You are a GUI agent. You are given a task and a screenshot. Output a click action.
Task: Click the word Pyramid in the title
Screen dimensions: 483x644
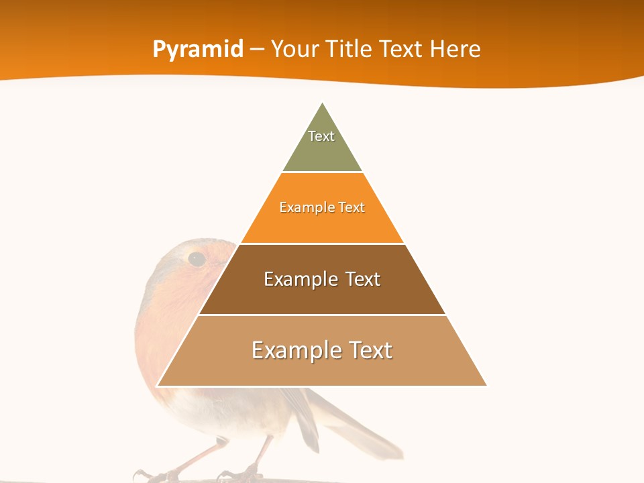click(x=198, y=50)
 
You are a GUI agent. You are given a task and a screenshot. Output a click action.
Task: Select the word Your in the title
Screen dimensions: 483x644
click(x=294, y=49)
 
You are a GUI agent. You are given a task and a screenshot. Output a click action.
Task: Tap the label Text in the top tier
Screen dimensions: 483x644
click(x=321, y=136)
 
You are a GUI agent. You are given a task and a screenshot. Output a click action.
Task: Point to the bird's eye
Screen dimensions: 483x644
click(x=196, y=258)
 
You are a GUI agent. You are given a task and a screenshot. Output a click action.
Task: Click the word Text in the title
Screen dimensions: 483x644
click(x=402, y=49)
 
